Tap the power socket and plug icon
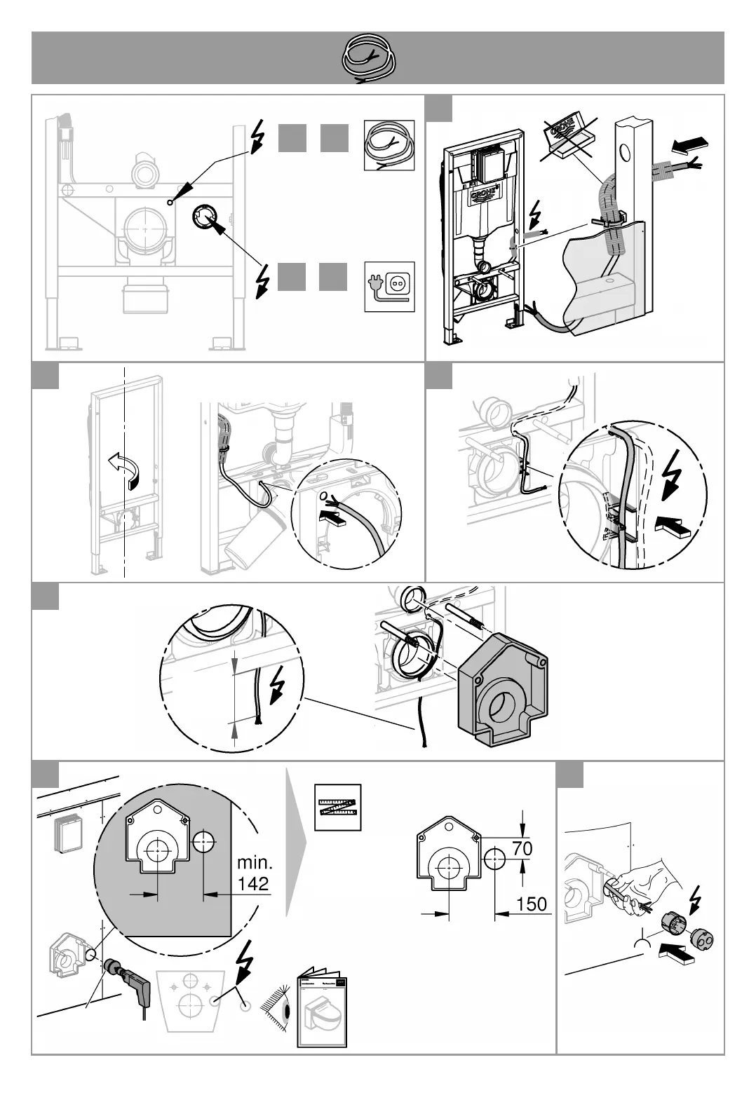pos(389,287)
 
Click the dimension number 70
pos(522,848)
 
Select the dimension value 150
pos(531,904)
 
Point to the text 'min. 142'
pos(253,872)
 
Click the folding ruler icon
pos(337,808)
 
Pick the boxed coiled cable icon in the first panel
pos(389,145)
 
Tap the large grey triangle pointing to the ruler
pos(295,841)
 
